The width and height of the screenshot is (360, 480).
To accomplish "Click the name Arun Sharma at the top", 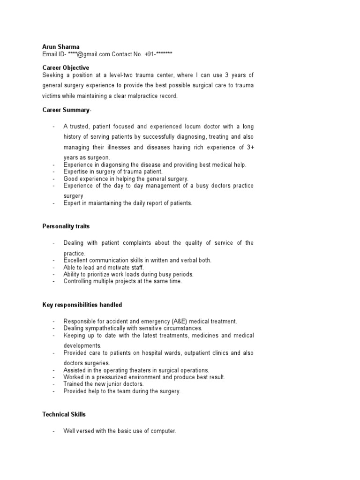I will point(61,47).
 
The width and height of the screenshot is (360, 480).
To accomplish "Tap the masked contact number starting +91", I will point(158,54).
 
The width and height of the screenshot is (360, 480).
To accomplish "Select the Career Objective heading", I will point(66,68).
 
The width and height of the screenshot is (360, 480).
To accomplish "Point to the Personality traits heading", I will point(66,226).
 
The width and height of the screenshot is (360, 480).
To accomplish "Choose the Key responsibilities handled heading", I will point(82,305).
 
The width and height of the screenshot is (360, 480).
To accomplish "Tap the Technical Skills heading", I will point(64,414).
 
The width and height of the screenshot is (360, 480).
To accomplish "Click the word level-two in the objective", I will point(130,75).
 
